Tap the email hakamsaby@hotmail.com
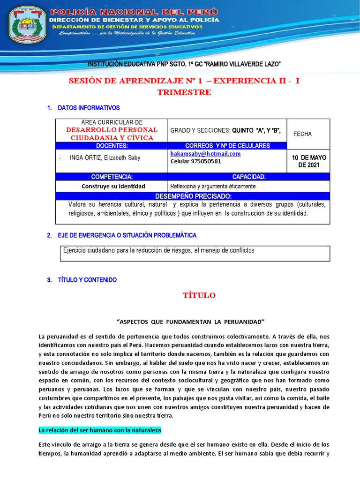pyautogui.click(x=205, y=154)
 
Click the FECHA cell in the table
pyautogui.click(x=302, y=134)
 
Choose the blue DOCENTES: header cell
pyautogui.click(x=111, y=146)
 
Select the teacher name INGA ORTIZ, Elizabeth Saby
pyautogui.click(x=105, y=158)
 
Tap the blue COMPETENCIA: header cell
pyautogui.click(x=111, y=177)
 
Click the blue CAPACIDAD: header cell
pyautogui.click(x=248, y=177)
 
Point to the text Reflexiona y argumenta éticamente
pyautogui.click(x=213, y=186)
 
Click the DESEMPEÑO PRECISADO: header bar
pyautogui.click(x=192, y=195)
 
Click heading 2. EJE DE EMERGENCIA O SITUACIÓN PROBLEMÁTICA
pyautogui.click(x=121, y=235)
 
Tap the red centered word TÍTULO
pyautogui.click(x=199, y=295)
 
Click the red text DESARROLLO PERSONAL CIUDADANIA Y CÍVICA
pyautogui.click(x=112, y=134)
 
